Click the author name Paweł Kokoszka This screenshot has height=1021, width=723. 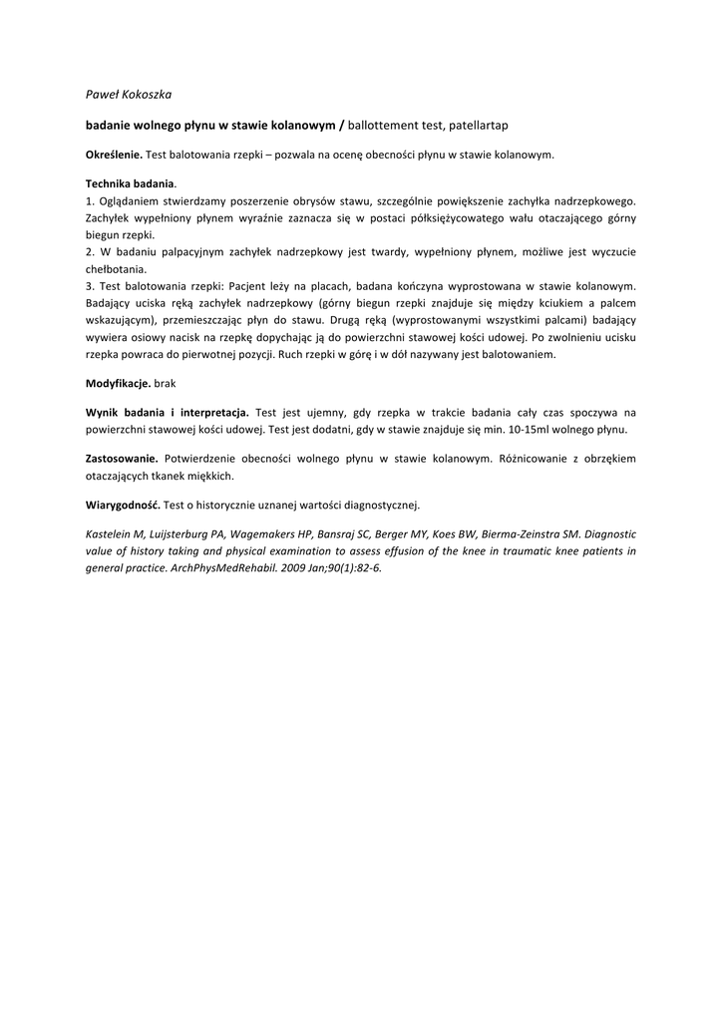click(x=129, y=95)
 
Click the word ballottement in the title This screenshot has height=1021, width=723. click(x=384, y=126)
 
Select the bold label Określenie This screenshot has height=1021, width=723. click(x=114, y=156)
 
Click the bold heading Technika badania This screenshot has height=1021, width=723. click(x=130, y=184)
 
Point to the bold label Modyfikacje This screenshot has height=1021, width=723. click(x=118, y=383)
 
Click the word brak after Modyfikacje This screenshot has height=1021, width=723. click(x=165, y=383)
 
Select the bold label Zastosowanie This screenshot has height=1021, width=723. click(x=122, y=459)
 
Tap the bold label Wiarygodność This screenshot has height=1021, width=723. click(x=122, y=505)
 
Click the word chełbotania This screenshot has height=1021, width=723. click(x=117, y=269)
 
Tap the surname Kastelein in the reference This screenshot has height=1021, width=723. click(x=109, y=533)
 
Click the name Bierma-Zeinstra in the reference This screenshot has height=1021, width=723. click(x=517, y=533)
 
